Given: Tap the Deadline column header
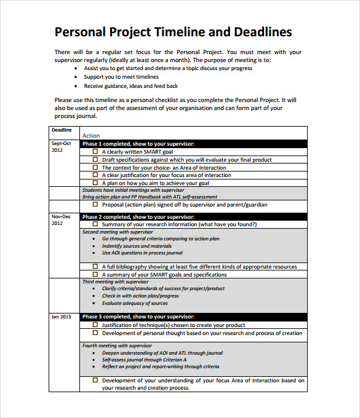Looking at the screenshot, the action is tap(62, 130).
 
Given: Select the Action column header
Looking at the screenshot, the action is tap(91, 135).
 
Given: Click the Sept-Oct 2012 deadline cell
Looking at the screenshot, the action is tap(62, 146).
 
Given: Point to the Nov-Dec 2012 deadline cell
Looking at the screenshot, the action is tap(62, 220).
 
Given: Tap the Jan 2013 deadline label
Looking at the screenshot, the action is tap(62, 317).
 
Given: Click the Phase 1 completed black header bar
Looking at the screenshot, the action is tap(193, 143).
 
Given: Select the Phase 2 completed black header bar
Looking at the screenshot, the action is tap(193, 217).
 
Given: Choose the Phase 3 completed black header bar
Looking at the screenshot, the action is tap(193, 317).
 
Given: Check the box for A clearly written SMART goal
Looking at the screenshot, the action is tap(95, 151).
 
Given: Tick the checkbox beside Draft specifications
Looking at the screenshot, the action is tap(95, 159).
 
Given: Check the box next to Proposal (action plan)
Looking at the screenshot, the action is tap(95, 205).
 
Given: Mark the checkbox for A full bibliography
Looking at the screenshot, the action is tap(95, 267).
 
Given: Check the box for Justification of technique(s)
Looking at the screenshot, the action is tap(95, 325).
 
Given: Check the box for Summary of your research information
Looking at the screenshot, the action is tap(95, 224).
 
